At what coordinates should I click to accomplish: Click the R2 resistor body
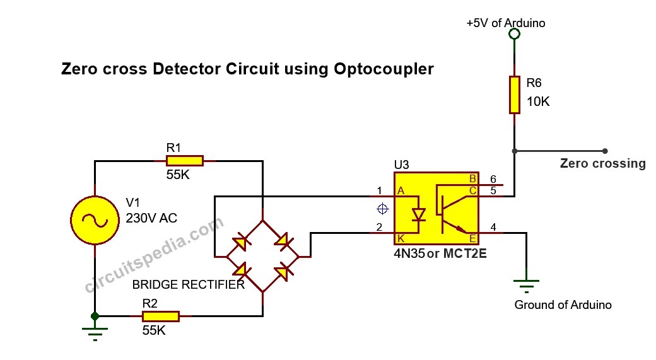tap(161, 316)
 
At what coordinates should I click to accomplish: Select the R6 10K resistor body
tap(515, 95)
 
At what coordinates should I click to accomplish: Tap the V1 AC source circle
tap(95, 220)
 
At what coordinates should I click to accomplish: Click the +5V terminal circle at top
tap(515, 34)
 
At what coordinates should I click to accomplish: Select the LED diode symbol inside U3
tap(418, 214)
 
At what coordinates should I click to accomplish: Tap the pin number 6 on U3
tap(493, 179)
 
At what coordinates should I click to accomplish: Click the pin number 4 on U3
tap(493, 227)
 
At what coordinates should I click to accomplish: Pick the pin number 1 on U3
tap(379, 190)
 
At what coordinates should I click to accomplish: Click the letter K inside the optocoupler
tap(399, 238)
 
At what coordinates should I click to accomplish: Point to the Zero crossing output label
tap(602, 164)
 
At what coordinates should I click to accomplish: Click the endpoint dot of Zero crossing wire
tap(605, 151)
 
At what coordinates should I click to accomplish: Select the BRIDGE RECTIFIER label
tap(188, 285)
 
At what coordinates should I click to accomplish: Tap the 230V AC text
tap(151, 219)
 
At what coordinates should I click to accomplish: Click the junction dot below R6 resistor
tap(515, 151)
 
